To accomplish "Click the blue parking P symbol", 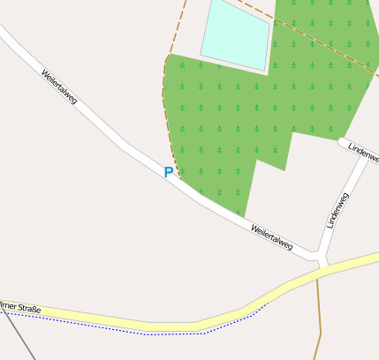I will (x=168, y=173).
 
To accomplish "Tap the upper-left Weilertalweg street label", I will (x=59, y=87).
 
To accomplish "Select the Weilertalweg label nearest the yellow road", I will (x=271, y=236).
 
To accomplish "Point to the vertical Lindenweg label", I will (x=337, y=210).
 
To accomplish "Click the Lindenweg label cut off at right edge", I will (x=363, y=151).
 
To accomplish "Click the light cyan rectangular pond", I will (x=236, y=34).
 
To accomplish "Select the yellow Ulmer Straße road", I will (x=168, y=326).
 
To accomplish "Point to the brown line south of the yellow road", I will (x=319, y=326).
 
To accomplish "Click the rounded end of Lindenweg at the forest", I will (x=341, y=141).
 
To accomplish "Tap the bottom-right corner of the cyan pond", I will (x=263, y=69).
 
